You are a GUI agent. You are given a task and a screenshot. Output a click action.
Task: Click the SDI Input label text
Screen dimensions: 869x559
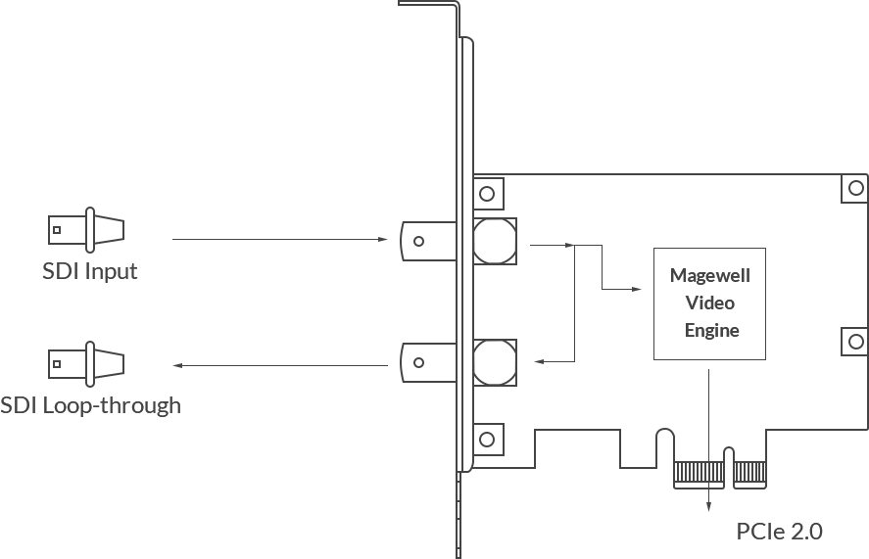coord(90,271)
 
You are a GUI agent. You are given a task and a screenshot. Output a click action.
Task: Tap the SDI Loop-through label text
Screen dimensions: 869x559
coord(90,405)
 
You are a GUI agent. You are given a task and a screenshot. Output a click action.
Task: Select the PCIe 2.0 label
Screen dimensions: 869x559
coord(779,532)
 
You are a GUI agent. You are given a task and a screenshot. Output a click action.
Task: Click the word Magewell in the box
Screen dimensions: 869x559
coord(710,275)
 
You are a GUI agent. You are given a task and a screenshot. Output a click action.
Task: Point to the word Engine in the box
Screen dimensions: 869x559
coord(711,331)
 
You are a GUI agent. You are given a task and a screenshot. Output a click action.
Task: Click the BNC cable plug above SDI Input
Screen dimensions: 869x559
coord(86,230)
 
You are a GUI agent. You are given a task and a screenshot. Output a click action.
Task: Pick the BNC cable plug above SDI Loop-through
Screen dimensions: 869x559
coord(86,364)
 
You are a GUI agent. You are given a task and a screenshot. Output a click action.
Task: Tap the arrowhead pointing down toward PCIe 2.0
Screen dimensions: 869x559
coord(709,506)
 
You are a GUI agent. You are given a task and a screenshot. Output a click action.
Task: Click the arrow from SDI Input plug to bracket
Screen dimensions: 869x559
coord(280,239)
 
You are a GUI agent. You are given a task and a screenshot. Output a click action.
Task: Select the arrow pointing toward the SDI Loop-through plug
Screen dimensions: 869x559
coord(280,365)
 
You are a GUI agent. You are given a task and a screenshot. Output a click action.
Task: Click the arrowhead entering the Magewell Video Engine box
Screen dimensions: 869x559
coord(637,289)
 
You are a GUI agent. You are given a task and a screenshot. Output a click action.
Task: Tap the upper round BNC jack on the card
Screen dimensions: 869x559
coord(495,241)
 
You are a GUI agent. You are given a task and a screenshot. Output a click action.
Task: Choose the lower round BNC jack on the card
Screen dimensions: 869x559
coord(495,363)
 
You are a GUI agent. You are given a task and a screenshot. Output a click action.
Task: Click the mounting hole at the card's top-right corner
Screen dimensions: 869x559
coord(855,188)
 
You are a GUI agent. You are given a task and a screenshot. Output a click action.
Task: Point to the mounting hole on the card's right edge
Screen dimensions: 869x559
coord(855,342)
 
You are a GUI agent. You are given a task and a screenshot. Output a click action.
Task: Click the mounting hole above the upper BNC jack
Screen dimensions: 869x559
coord(487,194)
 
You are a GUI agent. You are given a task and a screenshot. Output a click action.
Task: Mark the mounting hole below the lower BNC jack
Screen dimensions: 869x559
coord(487,440)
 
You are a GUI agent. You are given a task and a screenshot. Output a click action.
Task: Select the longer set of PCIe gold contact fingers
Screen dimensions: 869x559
coord(699,474)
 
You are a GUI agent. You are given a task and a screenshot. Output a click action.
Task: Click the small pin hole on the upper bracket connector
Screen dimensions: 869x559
coord(419,241)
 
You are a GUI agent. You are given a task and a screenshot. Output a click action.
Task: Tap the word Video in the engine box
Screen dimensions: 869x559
coord(710,303)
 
